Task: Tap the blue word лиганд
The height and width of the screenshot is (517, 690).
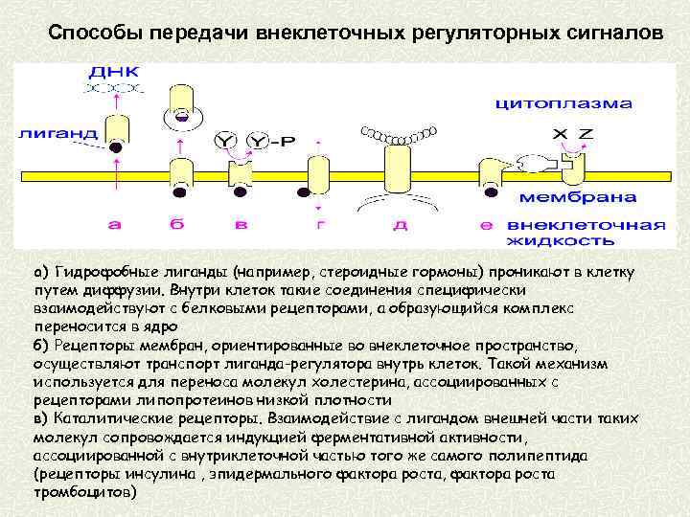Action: pos(57,133)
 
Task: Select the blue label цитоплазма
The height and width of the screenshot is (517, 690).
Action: pos(563,102)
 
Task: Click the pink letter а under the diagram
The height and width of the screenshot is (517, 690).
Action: pos(115,226)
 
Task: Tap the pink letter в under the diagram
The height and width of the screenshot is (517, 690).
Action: pos(241,226)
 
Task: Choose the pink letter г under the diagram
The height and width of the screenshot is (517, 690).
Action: pos(320,226)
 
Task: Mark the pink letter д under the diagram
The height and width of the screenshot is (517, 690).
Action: pos(400,226)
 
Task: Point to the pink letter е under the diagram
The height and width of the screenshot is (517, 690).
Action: pos(487,226)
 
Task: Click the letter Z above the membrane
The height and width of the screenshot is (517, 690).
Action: pos(586,132)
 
